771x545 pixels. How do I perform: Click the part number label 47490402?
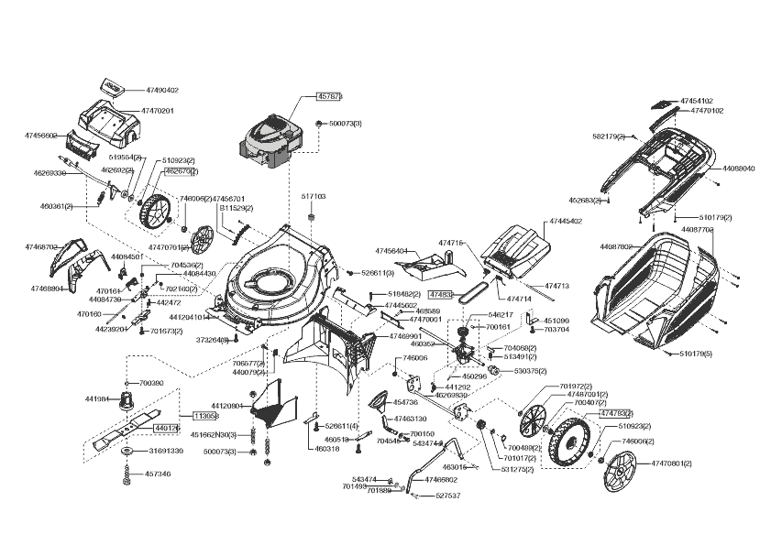pyautogui.click(x=161, y=91)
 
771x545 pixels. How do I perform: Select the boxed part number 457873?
pyautogui.click(x=329, y=96)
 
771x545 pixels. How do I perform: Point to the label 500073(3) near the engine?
pyautogui.click(x=345, y=123)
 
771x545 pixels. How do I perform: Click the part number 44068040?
pyautogui.click(x=738, y=169)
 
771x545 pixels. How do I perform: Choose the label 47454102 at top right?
pyautogui.click(x=697, y=101)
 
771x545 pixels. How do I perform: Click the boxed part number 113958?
pyautogui.click(x=204, y=415)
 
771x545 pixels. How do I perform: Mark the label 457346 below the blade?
pyautogui.click(x=158, y=474)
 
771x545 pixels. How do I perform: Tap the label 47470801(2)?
pyautogui.click(x=672, y=465)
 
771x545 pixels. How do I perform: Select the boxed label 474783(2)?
pyautogui.click(x=616, y=414)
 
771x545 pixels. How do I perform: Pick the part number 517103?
pyautogui.click(x=314, y=196)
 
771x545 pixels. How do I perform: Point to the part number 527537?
pyautogui.click(x=448, y=496)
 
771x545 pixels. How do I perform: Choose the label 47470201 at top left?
pyautogui.click(x=157, y=111)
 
